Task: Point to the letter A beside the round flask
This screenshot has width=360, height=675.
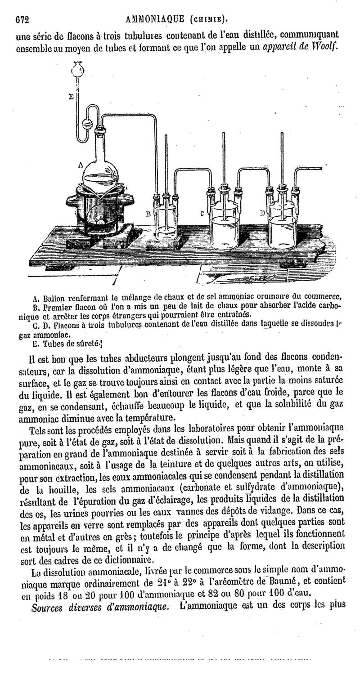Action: point(81,165)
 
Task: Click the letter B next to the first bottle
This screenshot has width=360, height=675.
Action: point(147,215)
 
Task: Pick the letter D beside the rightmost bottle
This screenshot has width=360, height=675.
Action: point(262,213)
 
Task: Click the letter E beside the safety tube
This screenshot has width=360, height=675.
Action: point(71,96)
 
